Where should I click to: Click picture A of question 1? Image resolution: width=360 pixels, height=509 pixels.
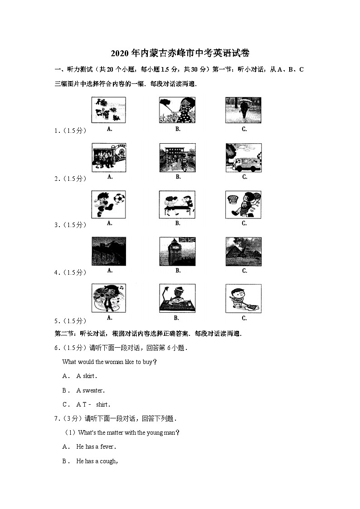109,110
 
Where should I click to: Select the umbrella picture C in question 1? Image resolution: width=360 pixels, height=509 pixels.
243,110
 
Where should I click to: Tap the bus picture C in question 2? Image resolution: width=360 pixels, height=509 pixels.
243,158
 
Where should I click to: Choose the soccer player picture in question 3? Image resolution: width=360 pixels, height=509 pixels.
109,204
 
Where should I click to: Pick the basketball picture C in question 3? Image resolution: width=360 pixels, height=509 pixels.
243,204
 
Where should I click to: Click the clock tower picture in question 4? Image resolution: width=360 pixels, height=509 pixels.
177,252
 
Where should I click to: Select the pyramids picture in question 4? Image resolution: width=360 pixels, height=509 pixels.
243,252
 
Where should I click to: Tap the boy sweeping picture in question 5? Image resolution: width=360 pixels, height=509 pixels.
243,298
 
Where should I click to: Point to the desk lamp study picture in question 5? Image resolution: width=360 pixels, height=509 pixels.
177,298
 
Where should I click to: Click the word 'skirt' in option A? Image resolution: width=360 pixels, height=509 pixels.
89,376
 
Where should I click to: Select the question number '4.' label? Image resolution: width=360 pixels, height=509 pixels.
57,273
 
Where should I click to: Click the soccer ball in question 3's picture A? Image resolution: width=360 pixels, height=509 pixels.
119,199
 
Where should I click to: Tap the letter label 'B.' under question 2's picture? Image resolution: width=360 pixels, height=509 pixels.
178,177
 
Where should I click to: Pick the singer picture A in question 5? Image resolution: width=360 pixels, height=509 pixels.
109,298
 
